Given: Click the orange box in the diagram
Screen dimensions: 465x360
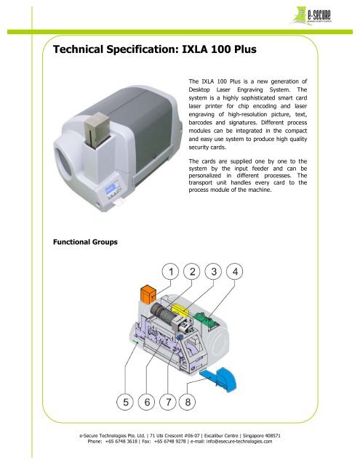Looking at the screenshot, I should [x=148, y=296].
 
